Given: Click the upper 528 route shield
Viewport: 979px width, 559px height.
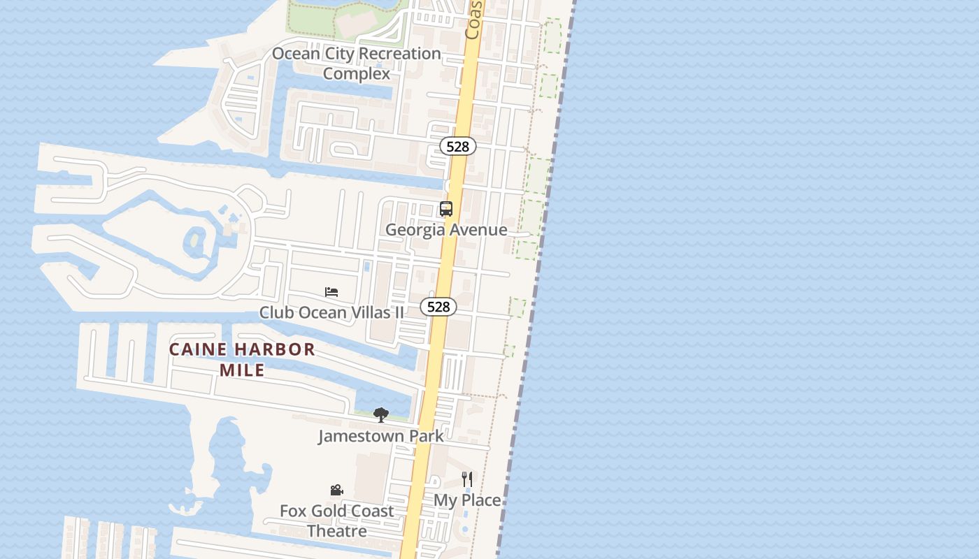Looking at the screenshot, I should (x=457, y=146).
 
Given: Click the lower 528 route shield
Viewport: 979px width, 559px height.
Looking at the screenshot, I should (x=438, y=307).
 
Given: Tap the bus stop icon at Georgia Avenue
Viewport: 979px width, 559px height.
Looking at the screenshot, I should (x=446, y=208).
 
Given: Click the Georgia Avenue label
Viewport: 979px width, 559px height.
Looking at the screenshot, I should (x=446, y=229).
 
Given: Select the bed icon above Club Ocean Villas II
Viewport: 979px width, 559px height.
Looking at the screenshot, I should (x=331, y=291).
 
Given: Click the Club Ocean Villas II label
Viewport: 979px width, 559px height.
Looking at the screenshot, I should (x=331, y=312).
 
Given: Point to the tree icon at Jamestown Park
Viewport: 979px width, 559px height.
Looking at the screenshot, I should (x=380, y=415).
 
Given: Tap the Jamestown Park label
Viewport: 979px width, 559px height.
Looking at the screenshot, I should (x=380, y=436).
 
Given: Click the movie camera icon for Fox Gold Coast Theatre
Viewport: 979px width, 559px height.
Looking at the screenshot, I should (x=336, y=491).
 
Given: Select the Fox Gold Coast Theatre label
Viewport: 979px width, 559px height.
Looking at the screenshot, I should (x=337, y=521).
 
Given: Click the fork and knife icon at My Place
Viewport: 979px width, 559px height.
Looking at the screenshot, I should (x=467, y=479).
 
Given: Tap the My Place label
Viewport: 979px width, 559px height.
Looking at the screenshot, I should (x=467, y=500).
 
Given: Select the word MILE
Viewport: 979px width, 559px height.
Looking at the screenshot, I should (x=242, y=370).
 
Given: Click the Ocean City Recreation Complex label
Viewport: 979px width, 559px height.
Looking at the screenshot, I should (x=357, y=63).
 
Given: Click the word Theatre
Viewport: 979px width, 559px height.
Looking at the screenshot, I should (x=337, y=531).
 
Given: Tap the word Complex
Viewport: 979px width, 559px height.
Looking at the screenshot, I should (x=357, y=73).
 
